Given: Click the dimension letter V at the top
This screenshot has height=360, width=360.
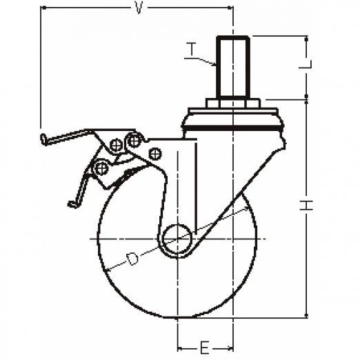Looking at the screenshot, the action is point(139,8).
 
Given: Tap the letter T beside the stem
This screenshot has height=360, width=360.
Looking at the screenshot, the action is point(191,49).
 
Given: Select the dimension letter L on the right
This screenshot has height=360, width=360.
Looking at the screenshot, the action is point(306,64).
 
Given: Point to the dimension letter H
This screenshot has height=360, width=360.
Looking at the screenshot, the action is point(306,206).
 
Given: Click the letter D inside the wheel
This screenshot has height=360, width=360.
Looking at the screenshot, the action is point(132,259).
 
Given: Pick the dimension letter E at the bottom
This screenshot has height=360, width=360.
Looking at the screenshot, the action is point(204,348).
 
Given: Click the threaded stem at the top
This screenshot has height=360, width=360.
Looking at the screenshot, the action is point(232,67).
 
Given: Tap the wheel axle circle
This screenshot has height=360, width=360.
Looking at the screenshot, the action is point(177,239).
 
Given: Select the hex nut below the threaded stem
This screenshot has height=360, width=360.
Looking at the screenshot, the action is point(232,103).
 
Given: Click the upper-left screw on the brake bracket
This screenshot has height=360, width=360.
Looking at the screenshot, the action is point(116,145).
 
